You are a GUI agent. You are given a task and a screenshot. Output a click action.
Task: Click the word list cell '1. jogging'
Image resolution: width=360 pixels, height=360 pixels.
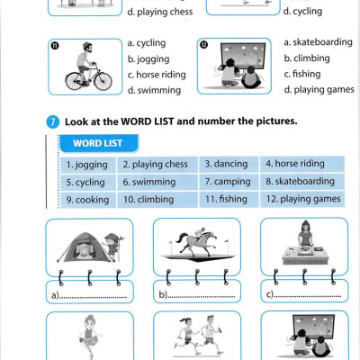(x=88, y=165)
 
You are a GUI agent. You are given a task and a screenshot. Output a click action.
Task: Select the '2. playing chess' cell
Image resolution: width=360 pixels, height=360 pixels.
(x=157, y=165)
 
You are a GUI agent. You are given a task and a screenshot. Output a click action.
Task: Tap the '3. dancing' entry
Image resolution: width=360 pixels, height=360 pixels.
(x=229, y=164)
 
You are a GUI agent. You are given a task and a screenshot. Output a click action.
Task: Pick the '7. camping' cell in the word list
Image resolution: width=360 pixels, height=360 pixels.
(x=229, y=182)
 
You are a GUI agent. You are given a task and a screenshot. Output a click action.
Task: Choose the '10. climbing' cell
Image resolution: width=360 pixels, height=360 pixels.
(x=157, y=199)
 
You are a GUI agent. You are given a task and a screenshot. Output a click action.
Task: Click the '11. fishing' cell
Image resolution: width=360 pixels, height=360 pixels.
(x=229, y=199)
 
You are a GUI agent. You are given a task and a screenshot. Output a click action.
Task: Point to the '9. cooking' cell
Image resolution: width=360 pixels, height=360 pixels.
(x=88, y=200)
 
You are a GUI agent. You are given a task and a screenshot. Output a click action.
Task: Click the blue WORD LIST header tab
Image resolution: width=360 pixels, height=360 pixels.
(x=99, y=143)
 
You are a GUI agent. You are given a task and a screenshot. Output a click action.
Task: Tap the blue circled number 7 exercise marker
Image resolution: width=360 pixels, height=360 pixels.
(x=53, y=122)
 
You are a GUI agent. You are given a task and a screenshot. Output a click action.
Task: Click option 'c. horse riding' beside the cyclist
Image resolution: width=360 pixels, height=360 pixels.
(x=157, y=75)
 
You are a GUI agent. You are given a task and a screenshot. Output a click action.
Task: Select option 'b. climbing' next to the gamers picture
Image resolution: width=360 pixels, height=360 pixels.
(x=307, y=58)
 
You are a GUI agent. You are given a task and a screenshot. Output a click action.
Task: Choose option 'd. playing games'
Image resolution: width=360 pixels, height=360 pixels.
(x=319, y=89)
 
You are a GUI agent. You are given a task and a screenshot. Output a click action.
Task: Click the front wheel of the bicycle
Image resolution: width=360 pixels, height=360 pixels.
(x=103, y=81)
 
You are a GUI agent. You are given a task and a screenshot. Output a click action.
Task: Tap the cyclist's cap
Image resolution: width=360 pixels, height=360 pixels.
(x=87, y=45)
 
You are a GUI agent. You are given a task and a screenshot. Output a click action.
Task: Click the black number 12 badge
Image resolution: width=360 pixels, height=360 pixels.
(x=203, y=45)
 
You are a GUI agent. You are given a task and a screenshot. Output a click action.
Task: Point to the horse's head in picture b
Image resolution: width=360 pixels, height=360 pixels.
(x=212, y=235)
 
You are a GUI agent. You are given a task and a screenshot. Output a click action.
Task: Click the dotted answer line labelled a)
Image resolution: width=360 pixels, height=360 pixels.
(x=93, y=298)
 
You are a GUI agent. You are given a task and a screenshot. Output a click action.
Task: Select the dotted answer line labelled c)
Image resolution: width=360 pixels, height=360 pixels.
(x=307, y=297)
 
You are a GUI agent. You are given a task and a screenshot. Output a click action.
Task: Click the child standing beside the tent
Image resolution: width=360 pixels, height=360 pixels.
(x=112, y=247)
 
